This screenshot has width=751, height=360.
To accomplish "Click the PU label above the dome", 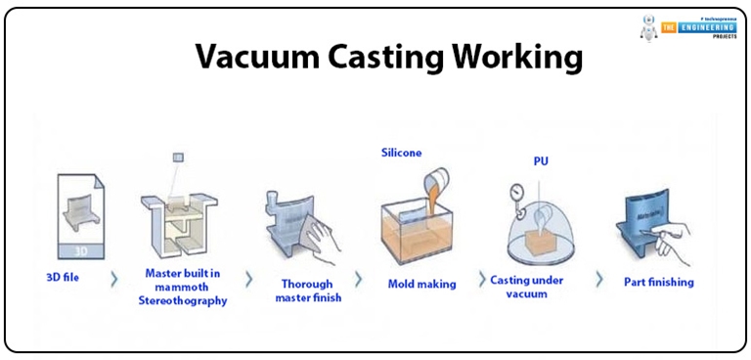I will (x=540, y=159).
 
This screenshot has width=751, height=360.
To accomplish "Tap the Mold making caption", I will (x=420, y=284).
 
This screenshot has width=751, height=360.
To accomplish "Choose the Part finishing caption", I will (x=658, y=282).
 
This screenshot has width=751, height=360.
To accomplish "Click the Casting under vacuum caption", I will (x=540, y=287).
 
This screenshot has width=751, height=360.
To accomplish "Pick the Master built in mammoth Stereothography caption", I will (x=185, y=287).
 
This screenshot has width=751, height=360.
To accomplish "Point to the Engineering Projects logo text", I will (x=698, y=29).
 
